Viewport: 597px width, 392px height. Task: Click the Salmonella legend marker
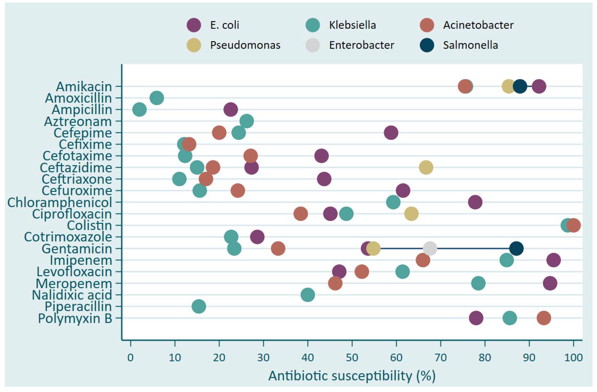pos(427,45)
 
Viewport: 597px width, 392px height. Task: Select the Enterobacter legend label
pos(361,45)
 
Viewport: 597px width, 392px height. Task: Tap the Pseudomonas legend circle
pos(194,45)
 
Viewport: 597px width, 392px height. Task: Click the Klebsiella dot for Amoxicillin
pos(157,98)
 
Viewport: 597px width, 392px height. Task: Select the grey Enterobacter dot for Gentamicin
pos(430,249)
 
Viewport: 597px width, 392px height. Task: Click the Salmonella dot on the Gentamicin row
pos(516,249)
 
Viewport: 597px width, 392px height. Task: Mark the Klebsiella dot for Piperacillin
pos(199,306)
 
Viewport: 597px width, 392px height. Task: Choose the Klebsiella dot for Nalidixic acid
pos(308,295)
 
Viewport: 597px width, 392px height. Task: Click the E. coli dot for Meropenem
pos(550,283)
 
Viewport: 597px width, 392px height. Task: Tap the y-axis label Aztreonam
pos(78,121)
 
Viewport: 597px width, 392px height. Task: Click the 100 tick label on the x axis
pos(573,358)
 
